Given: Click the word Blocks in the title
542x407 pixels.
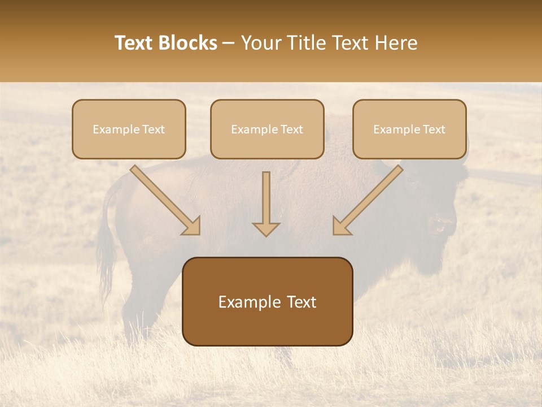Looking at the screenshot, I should coord(188,43).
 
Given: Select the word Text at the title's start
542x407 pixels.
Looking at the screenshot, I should coord(134,43).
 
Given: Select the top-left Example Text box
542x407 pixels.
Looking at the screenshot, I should coord(129,129).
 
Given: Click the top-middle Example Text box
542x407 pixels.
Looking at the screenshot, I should coord(267,129).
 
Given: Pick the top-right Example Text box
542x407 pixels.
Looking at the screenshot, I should coord(409,129).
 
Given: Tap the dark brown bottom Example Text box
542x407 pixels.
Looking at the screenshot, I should coord(267,301).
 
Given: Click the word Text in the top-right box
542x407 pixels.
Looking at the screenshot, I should coord(434,129).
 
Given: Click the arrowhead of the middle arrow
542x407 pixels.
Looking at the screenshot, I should coord(266,228).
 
